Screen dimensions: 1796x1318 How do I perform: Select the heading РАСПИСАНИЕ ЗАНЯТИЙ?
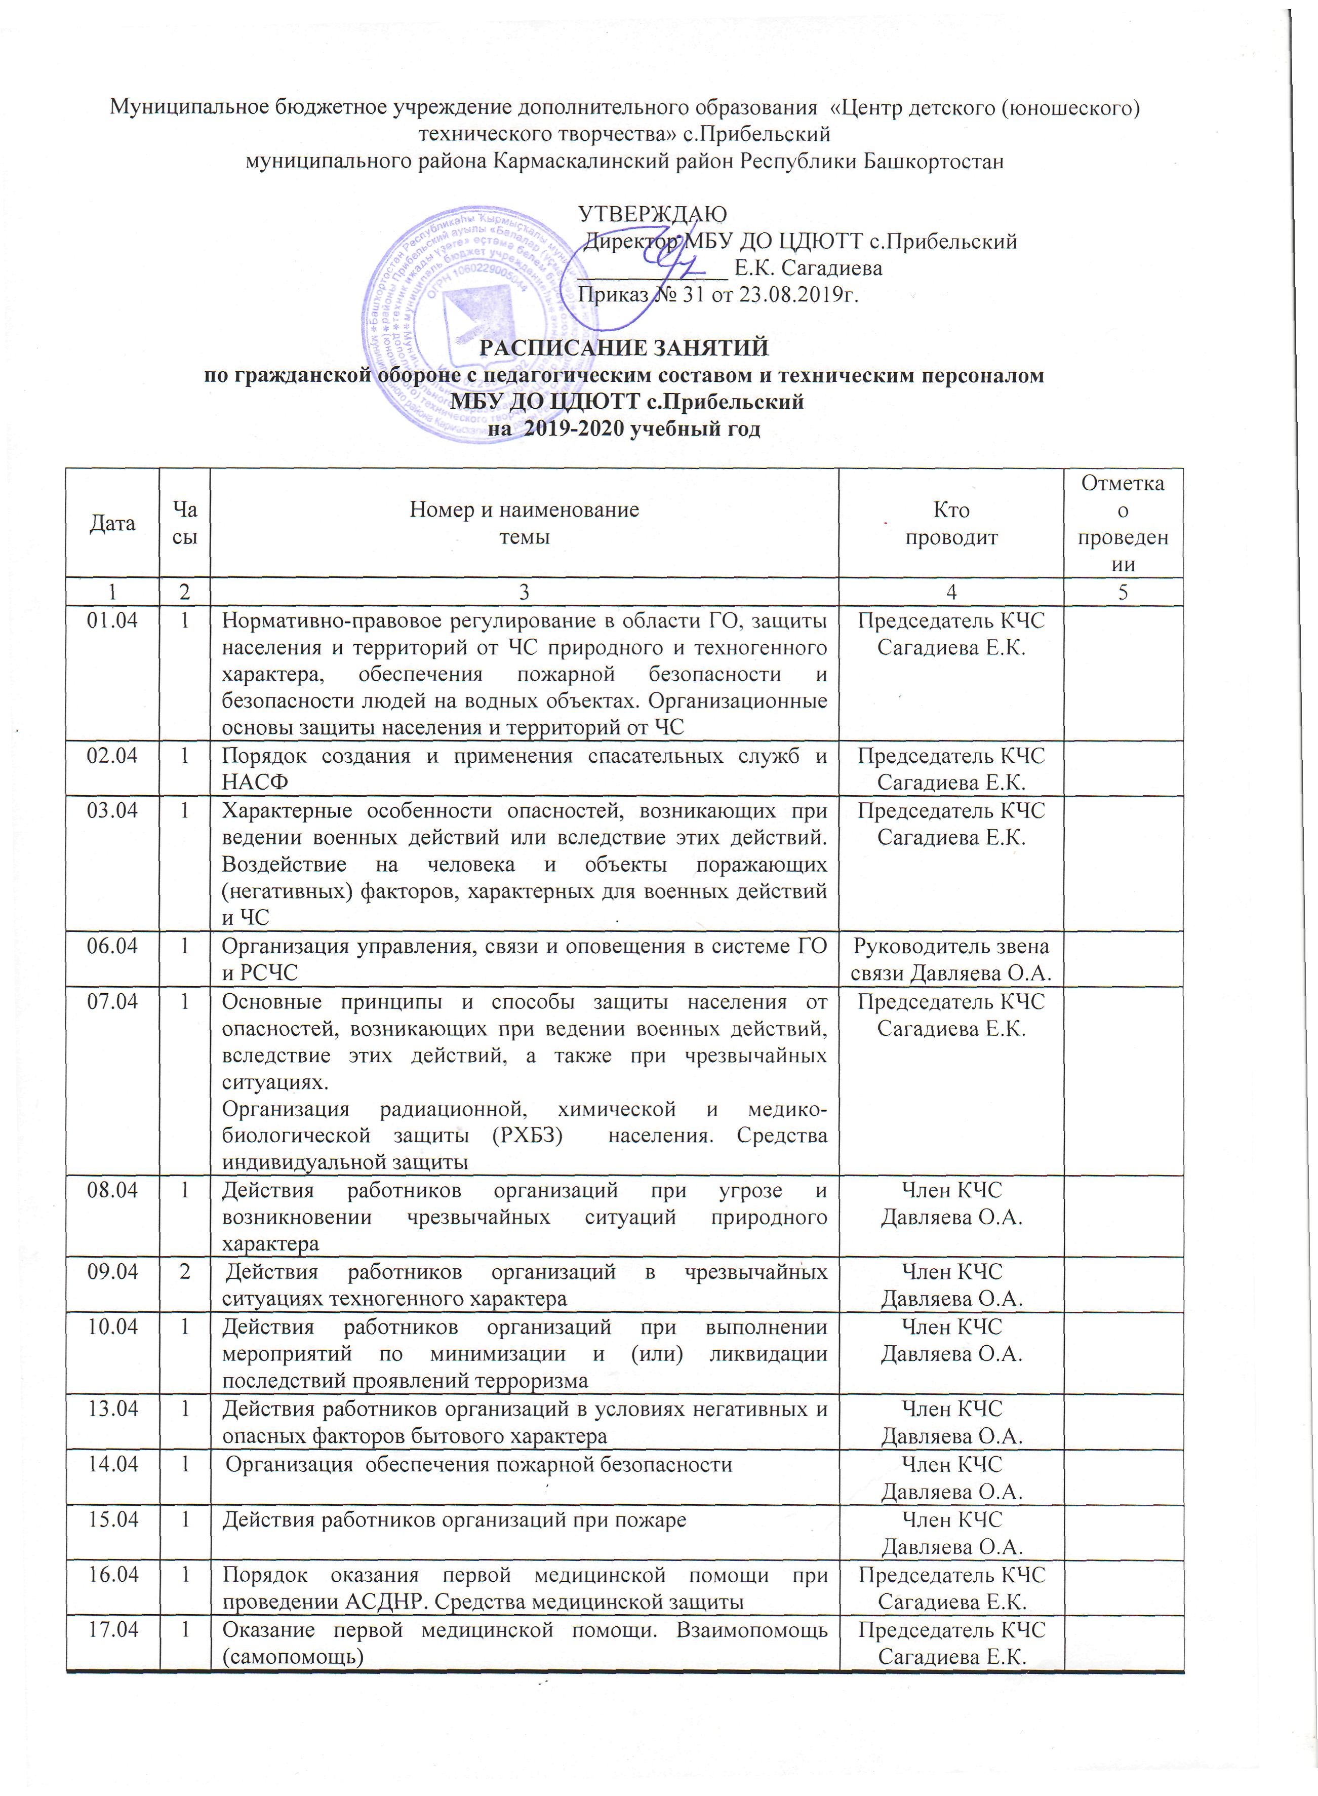pyautogui.click(x=623, y=348)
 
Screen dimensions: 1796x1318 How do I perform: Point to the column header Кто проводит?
pyautogui.click(x=950, y=523)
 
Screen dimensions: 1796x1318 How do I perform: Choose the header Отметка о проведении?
pyautogui.click(x=1123, y=523)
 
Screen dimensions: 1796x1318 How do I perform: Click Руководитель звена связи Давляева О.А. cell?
pyautogui.click(x=950, y=960)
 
